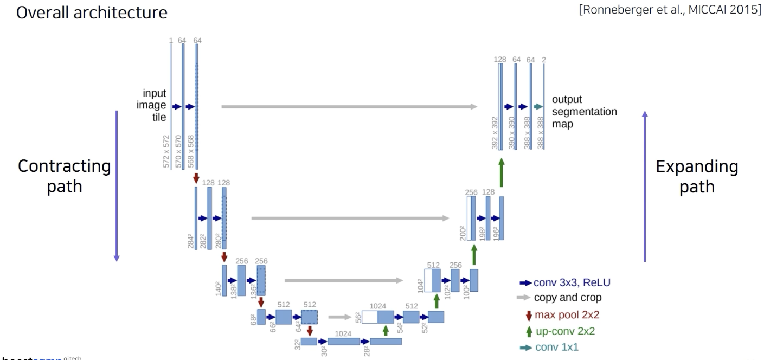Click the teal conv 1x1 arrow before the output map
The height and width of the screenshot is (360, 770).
coord(538,107)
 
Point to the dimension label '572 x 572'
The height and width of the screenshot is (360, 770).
coord(166,151)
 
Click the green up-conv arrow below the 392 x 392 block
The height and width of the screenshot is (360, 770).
coord(502,173)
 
